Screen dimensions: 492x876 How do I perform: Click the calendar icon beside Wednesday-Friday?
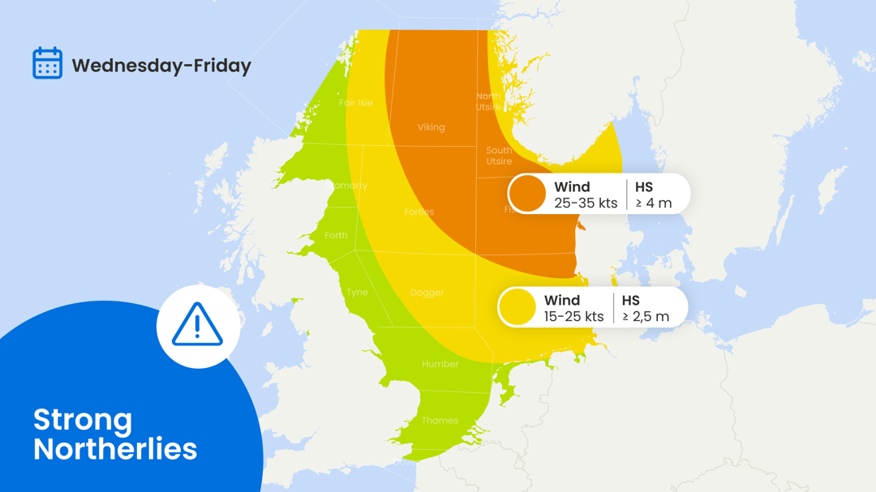click(x=47, y=63)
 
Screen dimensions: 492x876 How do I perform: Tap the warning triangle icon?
click(x=197, y=325)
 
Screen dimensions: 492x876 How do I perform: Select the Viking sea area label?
click(x=431, y=127)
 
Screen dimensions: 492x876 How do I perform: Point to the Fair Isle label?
click(x=356, y=103)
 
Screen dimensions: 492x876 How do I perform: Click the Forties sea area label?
click(x=419, y=212)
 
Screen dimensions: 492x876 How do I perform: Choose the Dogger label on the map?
click(x=427, y=293)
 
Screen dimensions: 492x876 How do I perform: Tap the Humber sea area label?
click(x=440, y=364)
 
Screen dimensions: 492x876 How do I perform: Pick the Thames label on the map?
click(x=440, y=421)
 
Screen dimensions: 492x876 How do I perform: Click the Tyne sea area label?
click(x=357, y=293)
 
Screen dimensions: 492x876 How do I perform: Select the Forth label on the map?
click(x=336, y=236)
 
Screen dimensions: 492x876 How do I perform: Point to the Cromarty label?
click(x=346, y=186)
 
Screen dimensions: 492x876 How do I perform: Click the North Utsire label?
click(x=488, y=101)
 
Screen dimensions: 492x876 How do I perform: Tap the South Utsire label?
click(x=499, y=156)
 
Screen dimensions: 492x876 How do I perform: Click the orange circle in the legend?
click(x=528, y=195)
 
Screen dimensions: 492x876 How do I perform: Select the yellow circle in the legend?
click(x=517, y=308)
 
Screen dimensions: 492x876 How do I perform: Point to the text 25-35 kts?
click(x=586, y=203)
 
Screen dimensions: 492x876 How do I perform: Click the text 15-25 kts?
click(x=574, y=317)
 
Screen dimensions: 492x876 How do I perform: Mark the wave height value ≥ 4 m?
click(x=654, y=203)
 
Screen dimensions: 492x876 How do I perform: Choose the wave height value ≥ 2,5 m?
click(x=646, y=317)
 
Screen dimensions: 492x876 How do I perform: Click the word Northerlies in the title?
click(x=115, y=449)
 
